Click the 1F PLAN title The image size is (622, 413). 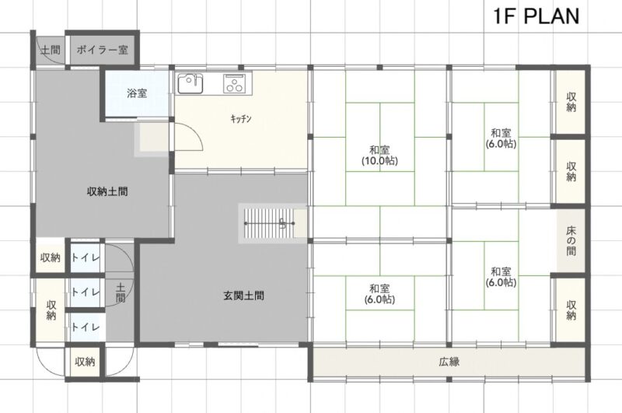(536, 16)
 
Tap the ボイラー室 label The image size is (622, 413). (103, 50)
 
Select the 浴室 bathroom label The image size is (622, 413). (137, 93)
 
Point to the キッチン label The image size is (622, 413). (241, 118)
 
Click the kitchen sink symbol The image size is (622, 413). (190, 83)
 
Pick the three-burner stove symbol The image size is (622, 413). (237, 84)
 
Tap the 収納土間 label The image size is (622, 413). (107, 191)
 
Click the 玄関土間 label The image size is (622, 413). (243, 296)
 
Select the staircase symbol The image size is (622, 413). (270, 223)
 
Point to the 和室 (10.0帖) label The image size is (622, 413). (379, 155)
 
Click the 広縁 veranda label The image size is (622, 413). (449, 362)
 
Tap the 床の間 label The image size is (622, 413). (571, 240)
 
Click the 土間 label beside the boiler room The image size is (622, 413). (51, 50)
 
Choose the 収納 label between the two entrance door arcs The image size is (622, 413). (85, 362)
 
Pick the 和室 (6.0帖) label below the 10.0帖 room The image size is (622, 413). (379, 293)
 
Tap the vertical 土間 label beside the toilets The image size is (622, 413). (121, 292)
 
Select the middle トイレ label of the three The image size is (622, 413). (86, 292)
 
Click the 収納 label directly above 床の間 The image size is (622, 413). (571, 171)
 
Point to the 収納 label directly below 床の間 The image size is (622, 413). (571, 310)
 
